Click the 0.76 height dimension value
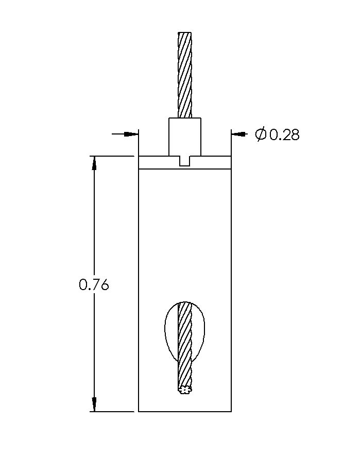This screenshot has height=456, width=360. tap(94, 284)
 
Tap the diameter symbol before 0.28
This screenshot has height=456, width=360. tap(261, 135)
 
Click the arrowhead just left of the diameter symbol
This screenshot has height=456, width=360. tap(237, 134)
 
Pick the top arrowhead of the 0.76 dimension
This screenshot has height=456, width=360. tap(94, 162)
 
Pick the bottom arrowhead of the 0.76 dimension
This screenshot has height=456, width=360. tap(94, 404)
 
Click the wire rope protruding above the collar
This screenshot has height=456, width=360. tap(185, 75)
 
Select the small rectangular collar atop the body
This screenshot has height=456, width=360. tap(185, 137)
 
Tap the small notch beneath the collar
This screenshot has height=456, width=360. tap(185, 161)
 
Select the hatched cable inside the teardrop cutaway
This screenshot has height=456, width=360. tap(185, 330)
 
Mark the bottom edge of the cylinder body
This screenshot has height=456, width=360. tap(185, 412)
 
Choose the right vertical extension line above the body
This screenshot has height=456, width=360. tap(231, 142)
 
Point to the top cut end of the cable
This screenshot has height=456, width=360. tap(185, 33)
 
